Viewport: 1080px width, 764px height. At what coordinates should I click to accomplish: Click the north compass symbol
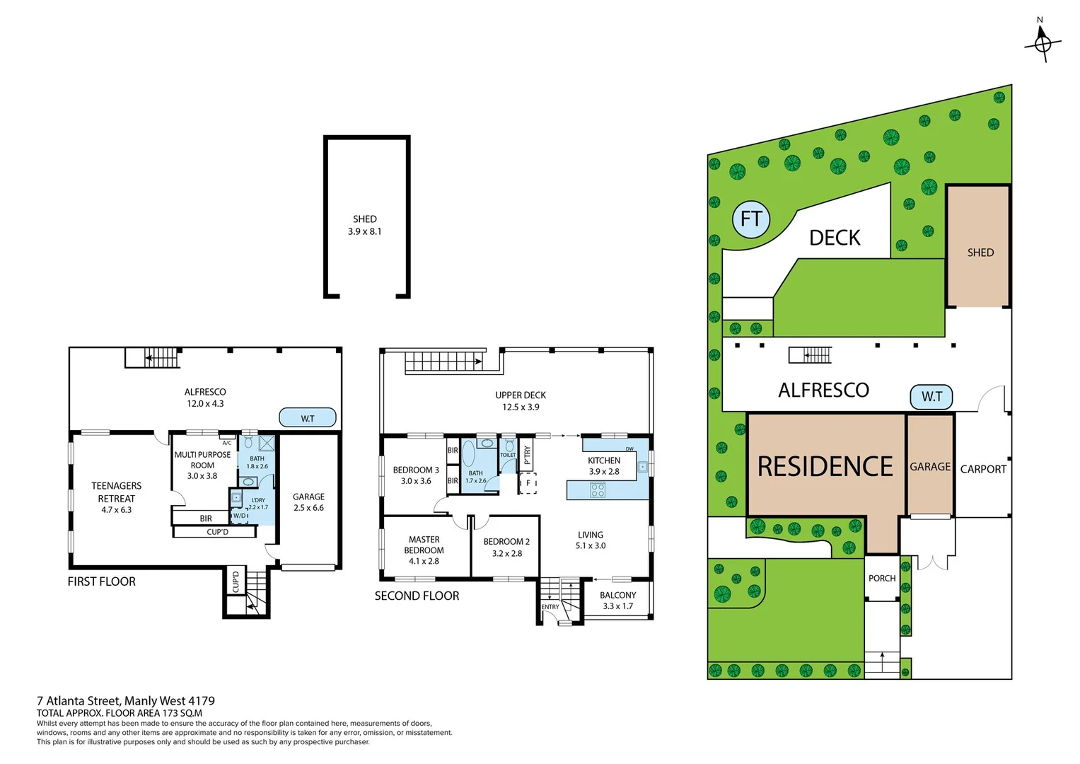1042,43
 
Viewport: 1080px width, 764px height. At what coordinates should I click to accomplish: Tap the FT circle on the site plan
750,219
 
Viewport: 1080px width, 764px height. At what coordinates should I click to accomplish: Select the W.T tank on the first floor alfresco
307,418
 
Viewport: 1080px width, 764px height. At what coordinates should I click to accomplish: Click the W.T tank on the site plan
931,397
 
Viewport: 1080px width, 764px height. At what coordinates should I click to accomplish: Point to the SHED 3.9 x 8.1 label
364,225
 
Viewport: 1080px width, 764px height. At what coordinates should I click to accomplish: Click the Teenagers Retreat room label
116,497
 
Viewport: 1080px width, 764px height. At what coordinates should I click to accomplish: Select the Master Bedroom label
424,550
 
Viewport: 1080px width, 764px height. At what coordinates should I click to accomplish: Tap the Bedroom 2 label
506,547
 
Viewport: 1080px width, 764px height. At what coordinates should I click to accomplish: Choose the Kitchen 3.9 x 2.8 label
604,465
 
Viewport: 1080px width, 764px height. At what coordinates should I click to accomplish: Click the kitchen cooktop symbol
598,490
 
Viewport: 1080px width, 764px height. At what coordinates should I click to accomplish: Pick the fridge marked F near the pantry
528,484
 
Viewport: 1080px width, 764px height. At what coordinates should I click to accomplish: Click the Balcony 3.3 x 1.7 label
617,601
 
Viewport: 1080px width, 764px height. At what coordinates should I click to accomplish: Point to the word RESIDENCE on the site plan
825,467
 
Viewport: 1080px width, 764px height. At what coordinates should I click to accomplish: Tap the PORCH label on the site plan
882,578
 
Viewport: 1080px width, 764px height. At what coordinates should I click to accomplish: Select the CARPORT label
982,469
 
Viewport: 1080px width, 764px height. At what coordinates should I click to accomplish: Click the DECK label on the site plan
835,238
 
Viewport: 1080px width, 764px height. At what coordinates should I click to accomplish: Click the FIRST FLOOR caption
101,581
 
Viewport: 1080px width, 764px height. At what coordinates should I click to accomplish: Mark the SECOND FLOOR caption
417,596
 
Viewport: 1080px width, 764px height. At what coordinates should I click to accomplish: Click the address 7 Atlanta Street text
126,701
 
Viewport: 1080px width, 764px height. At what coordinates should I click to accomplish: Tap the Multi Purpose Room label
202,465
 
